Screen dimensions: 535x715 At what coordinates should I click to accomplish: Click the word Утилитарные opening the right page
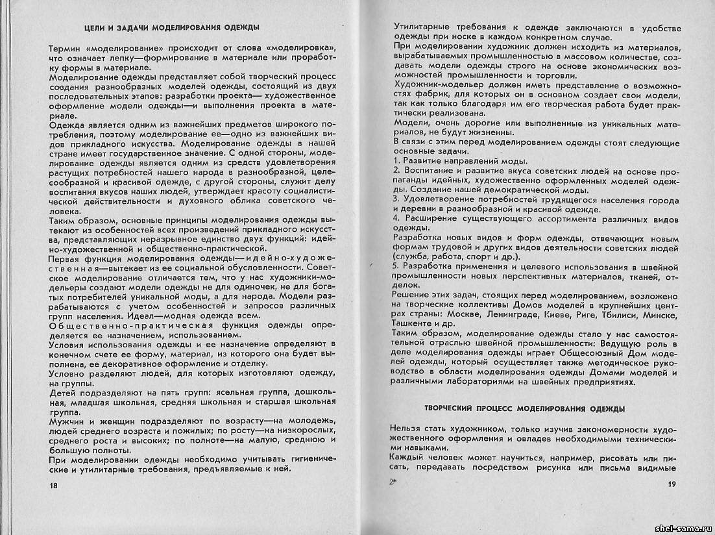(423, 28)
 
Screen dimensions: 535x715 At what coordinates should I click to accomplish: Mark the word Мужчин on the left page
(67, 421)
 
